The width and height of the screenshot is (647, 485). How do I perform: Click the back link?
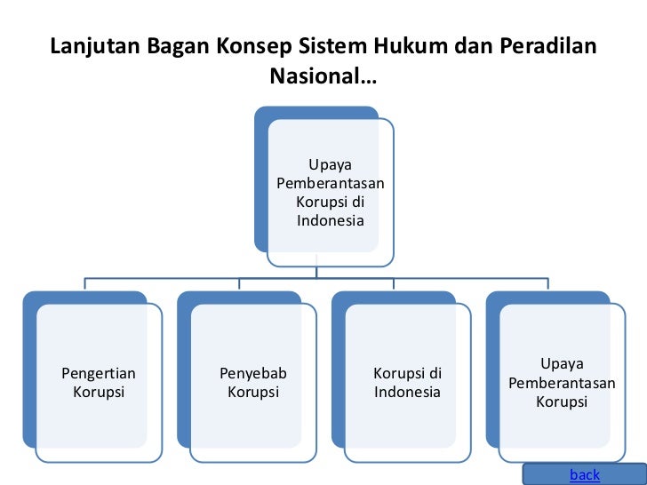point(584,475)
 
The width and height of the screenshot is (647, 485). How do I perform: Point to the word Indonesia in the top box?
point(331,220)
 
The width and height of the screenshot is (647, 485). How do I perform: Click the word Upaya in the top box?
point(330,164)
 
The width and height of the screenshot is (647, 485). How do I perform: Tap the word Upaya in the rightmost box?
point(562,365)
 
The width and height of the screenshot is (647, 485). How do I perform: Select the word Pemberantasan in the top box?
point(331,183)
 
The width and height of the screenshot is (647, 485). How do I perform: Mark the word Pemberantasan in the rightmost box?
point(562,384)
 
